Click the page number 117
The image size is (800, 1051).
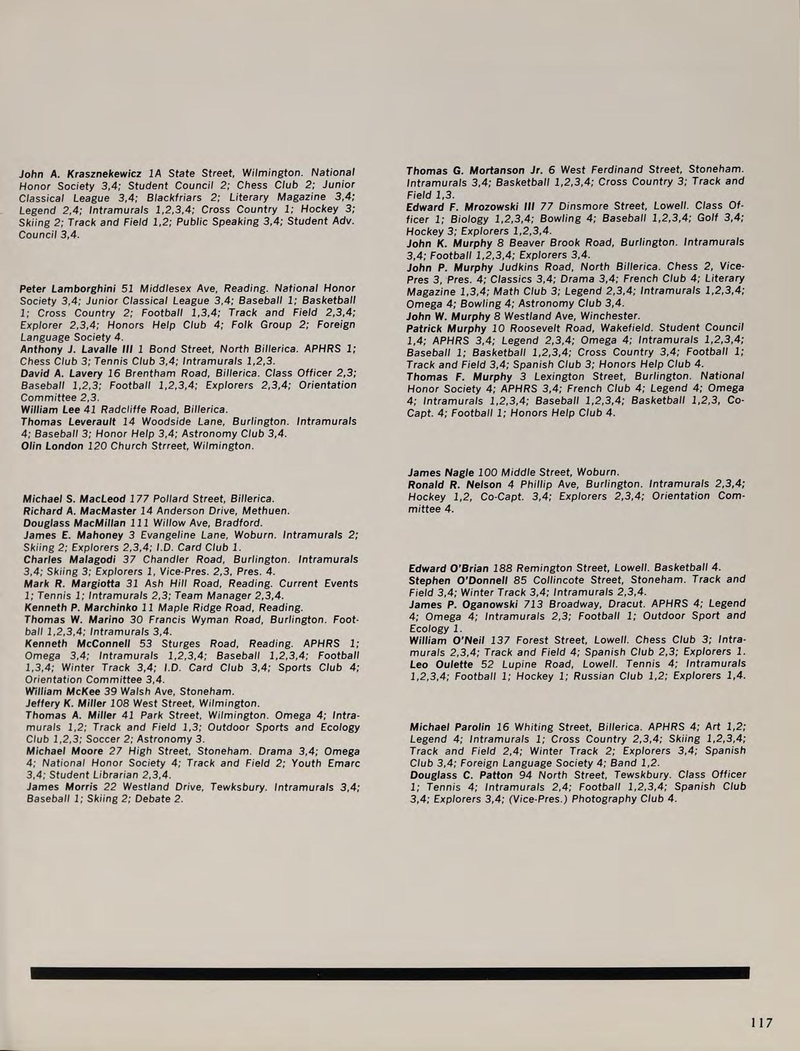tap(761, 1023)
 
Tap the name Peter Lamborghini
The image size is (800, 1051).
tap(68, 289)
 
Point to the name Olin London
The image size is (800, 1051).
tap(52, 446)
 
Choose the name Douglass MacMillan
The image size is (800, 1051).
tap(74, 523)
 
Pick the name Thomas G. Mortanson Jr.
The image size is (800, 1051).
tap(474, 170)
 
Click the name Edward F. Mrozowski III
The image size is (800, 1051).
tap(471, 207)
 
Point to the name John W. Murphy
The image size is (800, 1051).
tap(448, 316)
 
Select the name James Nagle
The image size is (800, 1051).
tap(441, 472)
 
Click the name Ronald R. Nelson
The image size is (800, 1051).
tap(454, 484)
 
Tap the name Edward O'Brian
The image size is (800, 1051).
tap(448, 568)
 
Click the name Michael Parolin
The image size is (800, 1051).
tap(450, 727)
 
